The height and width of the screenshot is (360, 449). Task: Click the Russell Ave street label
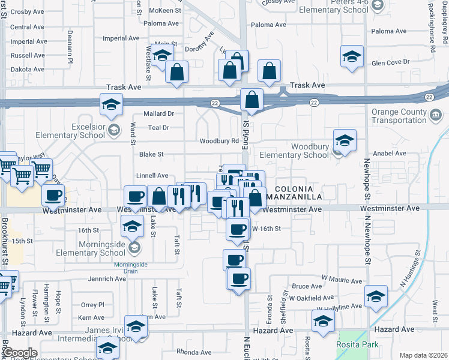(28, 55)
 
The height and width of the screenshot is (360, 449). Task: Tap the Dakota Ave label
(28, 69)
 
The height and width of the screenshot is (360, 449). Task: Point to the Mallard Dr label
(159, 113)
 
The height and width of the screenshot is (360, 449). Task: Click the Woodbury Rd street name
(219, 141)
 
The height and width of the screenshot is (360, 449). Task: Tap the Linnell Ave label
(152, 176)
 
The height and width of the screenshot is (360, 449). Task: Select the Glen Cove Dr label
(390, 62)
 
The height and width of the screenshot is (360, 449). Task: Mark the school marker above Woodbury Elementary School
(345, 140)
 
